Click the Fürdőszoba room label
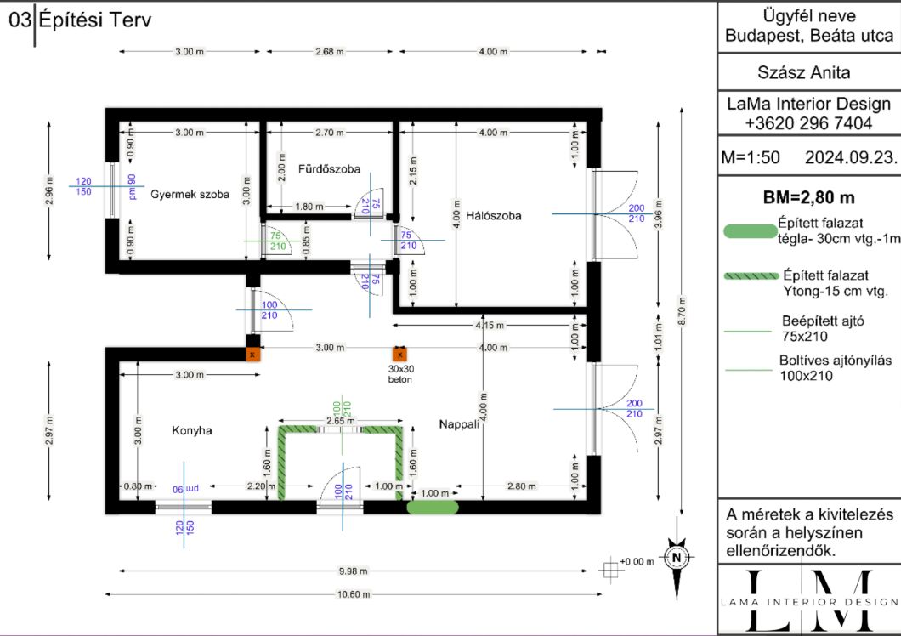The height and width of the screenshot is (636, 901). (x=329, y=169)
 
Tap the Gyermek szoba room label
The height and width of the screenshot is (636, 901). (x=190, y=195)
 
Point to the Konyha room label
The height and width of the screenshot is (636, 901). (x=192, y=430)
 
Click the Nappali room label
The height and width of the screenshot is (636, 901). (x=459, y=424)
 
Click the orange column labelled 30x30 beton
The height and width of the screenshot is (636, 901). (x=399, y=355)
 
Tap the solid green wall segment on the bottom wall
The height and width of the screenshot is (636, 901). (x=433, y=508)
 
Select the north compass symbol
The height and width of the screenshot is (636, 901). (x=677, y=558)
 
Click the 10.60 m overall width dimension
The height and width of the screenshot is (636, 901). (x=353, y=594)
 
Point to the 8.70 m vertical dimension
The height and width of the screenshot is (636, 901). (x=682, y=311)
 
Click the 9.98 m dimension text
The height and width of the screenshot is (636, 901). (x=353, y=571)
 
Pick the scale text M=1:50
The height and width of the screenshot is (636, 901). (x=751, y=157)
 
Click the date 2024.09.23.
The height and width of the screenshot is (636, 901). (x=851, y=157)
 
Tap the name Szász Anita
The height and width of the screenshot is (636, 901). (x=804, y=72)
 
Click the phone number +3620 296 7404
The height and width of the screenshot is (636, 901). (x=808, y=123)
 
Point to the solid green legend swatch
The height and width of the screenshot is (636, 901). (x=750, y=231)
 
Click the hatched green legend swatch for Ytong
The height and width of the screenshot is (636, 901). (x=751, y=276)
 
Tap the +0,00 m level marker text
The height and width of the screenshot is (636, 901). (x=637, y=561)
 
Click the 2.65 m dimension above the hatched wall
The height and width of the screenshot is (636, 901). (x=340, y=421)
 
